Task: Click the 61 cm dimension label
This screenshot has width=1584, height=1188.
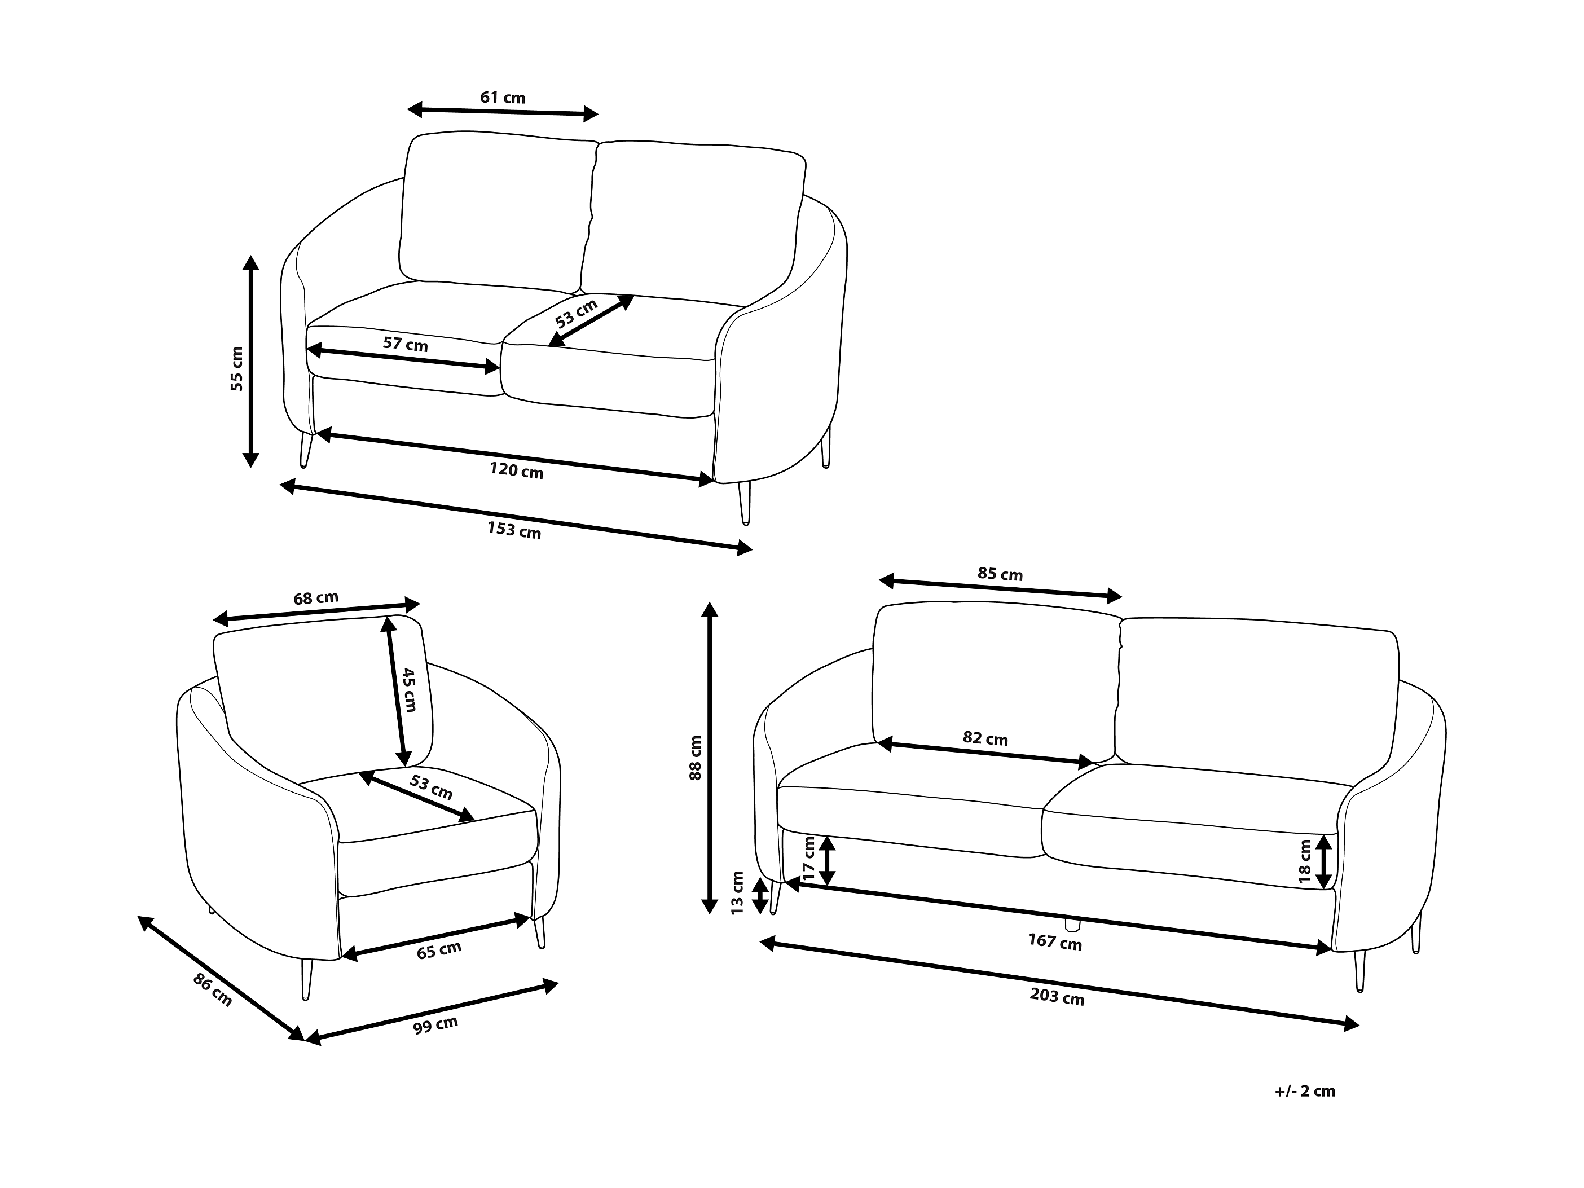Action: pos(502,98)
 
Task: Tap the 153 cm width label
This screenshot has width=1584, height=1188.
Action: pos(514,530)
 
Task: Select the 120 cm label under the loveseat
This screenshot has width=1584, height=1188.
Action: pos(516,470)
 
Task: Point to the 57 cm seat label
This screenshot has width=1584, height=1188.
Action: pos(406,345)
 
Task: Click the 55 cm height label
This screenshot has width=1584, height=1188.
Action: pos(237,369)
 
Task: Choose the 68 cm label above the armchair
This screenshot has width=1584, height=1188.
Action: pos(316,597)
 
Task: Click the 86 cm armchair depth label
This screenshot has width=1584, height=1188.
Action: pos(213,991)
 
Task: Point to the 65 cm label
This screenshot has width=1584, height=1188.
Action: pos(439,951)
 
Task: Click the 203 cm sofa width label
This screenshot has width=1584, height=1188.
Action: pos(1057,996)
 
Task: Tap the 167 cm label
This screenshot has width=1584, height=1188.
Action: pos(1055,941)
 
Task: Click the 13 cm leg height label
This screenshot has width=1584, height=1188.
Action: pos(738,892)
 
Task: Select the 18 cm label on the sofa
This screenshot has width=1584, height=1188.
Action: pos(1305,861)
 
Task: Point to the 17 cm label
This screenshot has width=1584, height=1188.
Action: pos(809,859)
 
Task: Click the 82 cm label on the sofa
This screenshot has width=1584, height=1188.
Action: pos(985,738)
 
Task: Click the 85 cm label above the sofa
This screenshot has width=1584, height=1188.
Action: pos(1000,574)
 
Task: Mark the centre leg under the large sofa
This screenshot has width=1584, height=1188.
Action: pos(1072,925)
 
